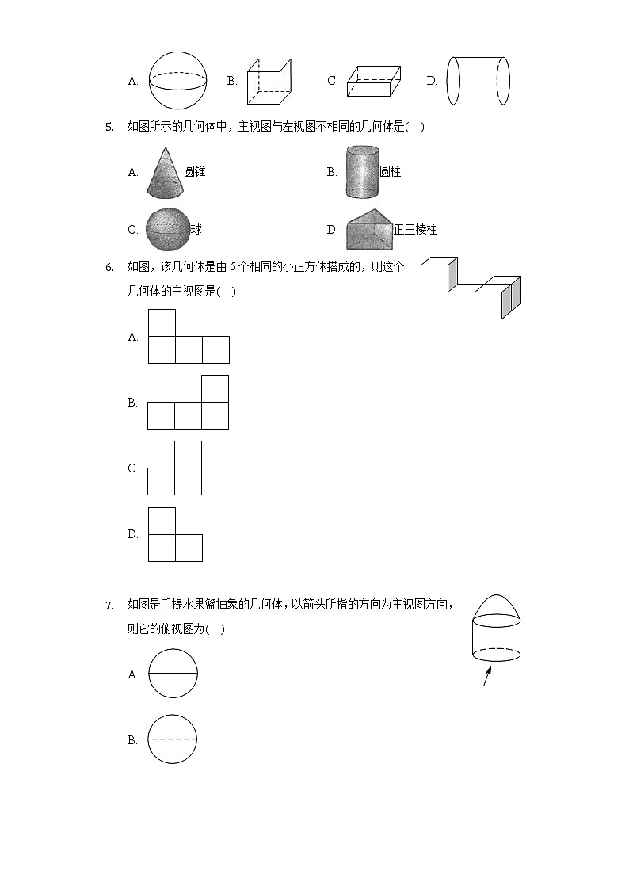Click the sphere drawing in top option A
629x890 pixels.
[177, 80]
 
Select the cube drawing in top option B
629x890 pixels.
[270, 81]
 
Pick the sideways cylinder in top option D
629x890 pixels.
[477, 81]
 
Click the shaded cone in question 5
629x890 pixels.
[164, 172]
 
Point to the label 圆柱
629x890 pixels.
[390, 171]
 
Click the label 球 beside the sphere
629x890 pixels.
[196, 230]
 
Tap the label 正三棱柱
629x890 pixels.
[415, 230]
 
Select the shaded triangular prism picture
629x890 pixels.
[370, 229]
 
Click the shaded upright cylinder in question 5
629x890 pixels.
[362, 171]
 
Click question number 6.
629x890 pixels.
[109, 267]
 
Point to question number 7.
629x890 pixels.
[109, 605]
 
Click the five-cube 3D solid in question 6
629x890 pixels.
[470, 288]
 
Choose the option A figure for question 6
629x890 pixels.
[189, 336]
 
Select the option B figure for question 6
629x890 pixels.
[189, 402]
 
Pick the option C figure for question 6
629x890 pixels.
[175, 468]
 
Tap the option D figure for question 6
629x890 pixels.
[175, 534]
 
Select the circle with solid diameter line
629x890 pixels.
[173, 674]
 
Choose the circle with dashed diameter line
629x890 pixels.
[173, 739]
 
